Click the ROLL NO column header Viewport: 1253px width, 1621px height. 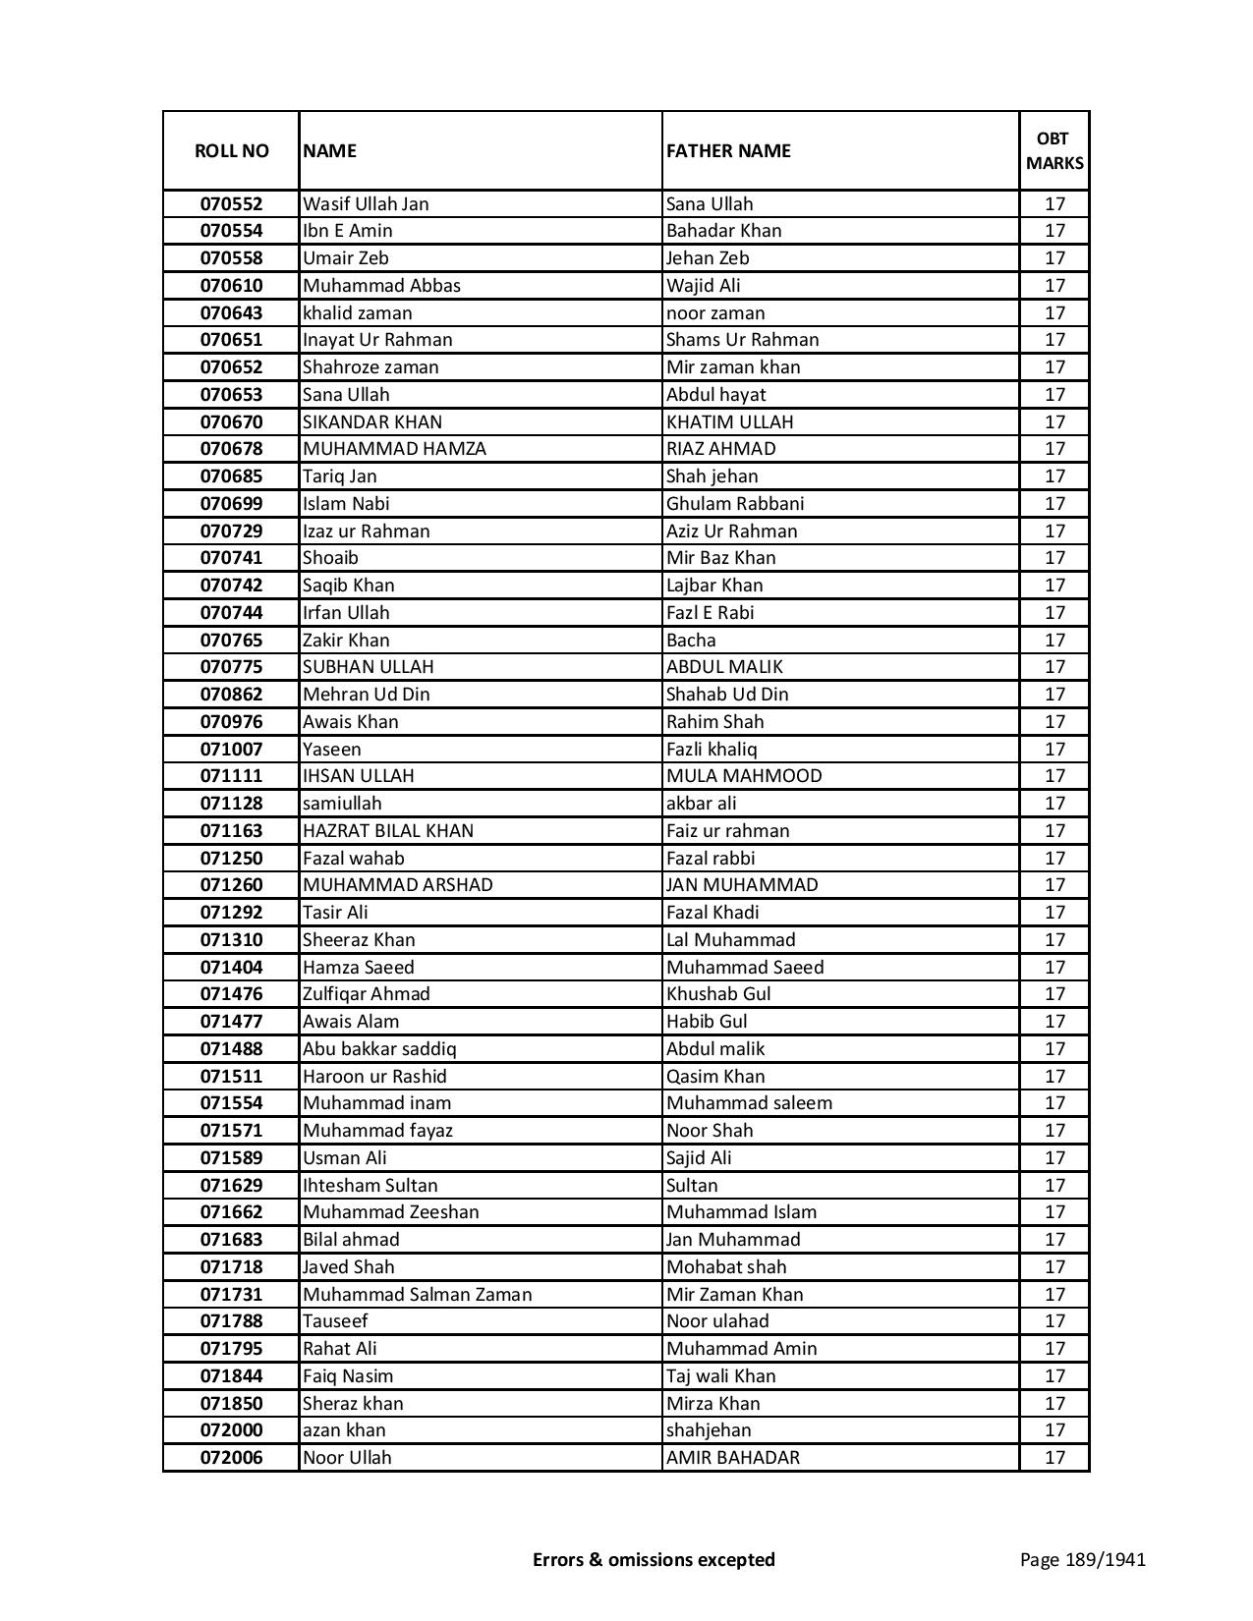pyautogui.click(x=231, y=150)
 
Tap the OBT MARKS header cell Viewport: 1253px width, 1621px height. pyautogui.click(x=1054, y=150)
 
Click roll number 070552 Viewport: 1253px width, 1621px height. pyautogui.click(x=231, y=204)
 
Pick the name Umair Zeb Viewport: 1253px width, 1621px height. pyautogui.click(x=346, y=258)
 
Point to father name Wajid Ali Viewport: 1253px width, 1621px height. pyautogui.click(x=704, y=286)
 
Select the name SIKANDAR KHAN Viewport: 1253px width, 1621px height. pyautogui.click(x=372, y=421)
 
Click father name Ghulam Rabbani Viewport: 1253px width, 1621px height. pyautogui.click(x=735, y=504)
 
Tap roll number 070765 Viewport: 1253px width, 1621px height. pyautogui.click(x=231, y=640)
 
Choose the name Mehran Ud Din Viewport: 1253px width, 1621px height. pyautogui.click(x=367, y=695)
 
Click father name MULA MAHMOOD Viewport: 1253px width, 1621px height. pyautogui.click(x=744, y=776)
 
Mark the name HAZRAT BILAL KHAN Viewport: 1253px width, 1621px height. pyautogui.click(x=388, y=831)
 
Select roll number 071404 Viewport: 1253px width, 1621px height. pyautogui.click(x=231, y=967)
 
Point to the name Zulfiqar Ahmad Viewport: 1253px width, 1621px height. pyautogui.click(x=367, y=994)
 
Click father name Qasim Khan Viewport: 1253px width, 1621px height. pyautogui.click(x=715, y=1076)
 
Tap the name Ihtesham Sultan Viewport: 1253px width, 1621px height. pyautogui.click(x=370, y=1185)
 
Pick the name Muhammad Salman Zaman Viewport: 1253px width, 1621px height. pyautogui.click(x=418, y=1294)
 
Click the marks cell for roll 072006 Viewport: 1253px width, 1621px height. pyautogui.click(x=1054, y=1458)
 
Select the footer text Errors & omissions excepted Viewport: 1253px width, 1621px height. pyautogui.click(x=654, y=1559)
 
